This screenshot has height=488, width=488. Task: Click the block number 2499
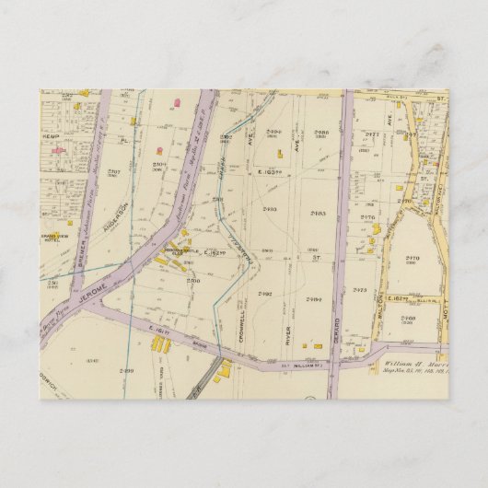click(127, 368)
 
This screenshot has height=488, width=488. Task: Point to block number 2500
click(192, 280)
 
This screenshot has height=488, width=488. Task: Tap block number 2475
click(360, 290)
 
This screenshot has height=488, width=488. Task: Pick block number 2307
click(114, 172)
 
